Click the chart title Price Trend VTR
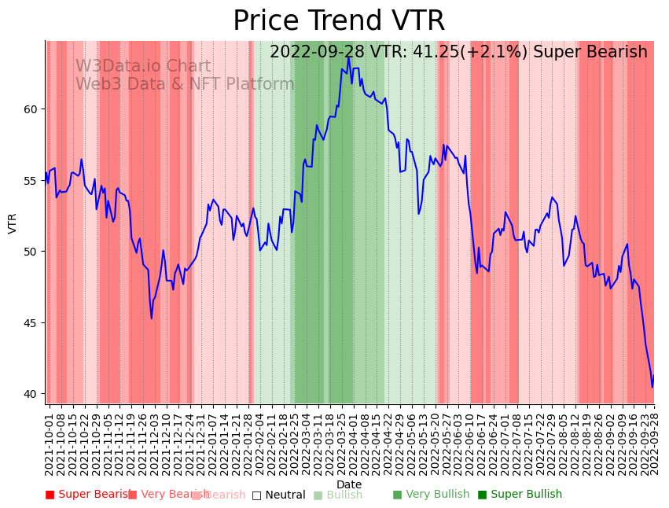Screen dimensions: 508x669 pyautogui.click(x=338, y=21)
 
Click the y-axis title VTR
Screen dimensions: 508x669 pyautogui.click(x=13, y=223)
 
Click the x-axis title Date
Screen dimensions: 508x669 pyautogui.click(x=349, y=484)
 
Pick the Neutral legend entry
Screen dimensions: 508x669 pyautogui.click(x=278, y=495)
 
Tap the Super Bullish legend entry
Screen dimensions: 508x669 pyautogui.click(x=520, y=495)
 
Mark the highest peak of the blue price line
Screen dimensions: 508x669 pyautogui.click(x=348, y=57)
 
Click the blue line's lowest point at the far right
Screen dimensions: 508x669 pyautogui.click(x=652, y=386)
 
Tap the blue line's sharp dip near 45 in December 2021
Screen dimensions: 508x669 pyautogui.click(x=152, y=318)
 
